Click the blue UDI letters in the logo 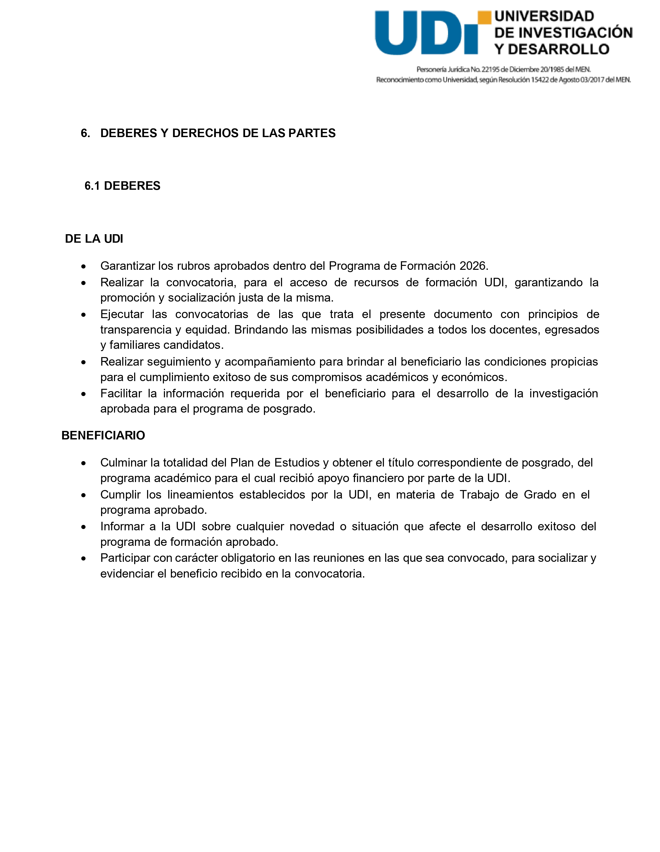(426, 33)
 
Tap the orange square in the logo (484, 18)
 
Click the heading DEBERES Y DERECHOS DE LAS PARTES (217, 133)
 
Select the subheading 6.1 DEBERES (122, 186)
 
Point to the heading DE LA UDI (94, 239)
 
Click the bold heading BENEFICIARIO (103, 435)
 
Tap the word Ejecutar (122, 314)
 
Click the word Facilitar (121, 394)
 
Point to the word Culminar (123, 463)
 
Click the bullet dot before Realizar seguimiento (84, 362)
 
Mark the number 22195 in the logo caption (490, 69)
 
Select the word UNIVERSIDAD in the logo (544, 16)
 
